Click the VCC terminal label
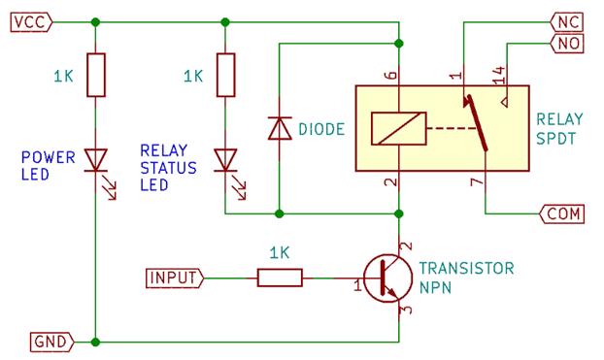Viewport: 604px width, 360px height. click(x=27, y=21)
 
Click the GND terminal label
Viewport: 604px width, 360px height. click(x=49, y=342)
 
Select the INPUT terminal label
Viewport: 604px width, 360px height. click(x=174, y=278)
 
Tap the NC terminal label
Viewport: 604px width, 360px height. click(x=566, y=21)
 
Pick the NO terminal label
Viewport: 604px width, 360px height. click(x=566, y=43)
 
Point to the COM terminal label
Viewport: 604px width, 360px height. click(x=562, y=213)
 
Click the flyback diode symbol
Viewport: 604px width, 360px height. click(x=279, y=128)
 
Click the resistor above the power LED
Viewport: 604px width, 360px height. click(x=96, y=75)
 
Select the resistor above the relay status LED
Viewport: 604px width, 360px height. click(x=225, y=75)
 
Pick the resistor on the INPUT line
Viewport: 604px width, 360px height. click(x=280, y=278)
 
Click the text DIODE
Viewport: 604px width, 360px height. click(x=321, y=128)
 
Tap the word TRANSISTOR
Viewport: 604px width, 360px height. click(x=465, y=268)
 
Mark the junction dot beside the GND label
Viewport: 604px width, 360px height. click(x=96, y=342)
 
